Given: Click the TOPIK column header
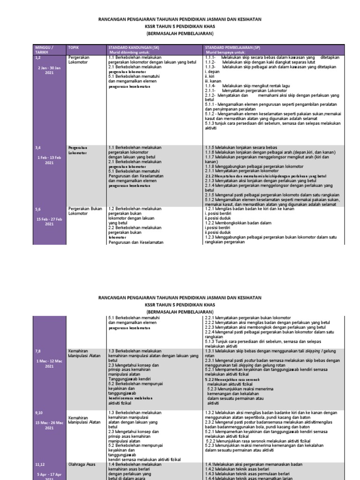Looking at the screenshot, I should [74, 48].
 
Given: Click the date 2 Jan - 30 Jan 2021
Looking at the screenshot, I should [49, 70].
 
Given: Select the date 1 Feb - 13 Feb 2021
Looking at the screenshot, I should [49, 160].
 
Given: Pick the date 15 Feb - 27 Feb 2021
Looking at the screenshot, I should [49, 221].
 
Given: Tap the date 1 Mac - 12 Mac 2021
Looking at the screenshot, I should [49, 363].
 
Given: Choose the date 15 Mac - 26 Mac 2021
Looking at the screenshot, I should [49, 425].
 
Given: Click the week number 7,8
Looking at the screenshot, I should [38, 351].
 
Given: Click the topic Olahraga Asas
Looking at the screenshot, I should [82, 464].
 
